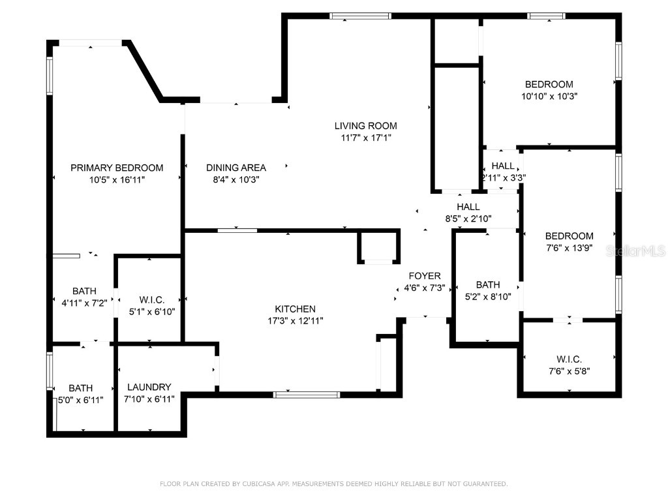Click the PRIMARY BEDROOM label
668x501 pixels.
coord(117,168)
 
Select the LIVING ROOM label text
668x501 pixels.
coord(365,126)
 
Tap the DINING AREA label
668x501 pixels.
coord(236,168)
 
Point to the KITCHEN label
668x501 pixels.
coord(295,309)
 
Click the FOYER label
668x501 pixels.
coord(425,276)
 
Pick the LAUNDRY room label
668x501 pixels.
coord(149,387)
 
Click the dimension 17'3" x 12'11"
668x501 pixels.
coord(295,320)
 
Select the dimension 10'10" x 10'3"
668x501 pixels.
coord(549,95)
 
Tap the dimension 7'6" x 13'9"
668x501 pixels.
coord(569,247)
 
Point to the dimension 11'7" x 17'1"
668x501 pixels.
coord(365,138)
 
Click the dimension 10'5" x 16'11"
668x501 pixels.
coord(117,179)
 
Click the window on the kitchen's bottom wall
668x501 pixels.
coord(307,394)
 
